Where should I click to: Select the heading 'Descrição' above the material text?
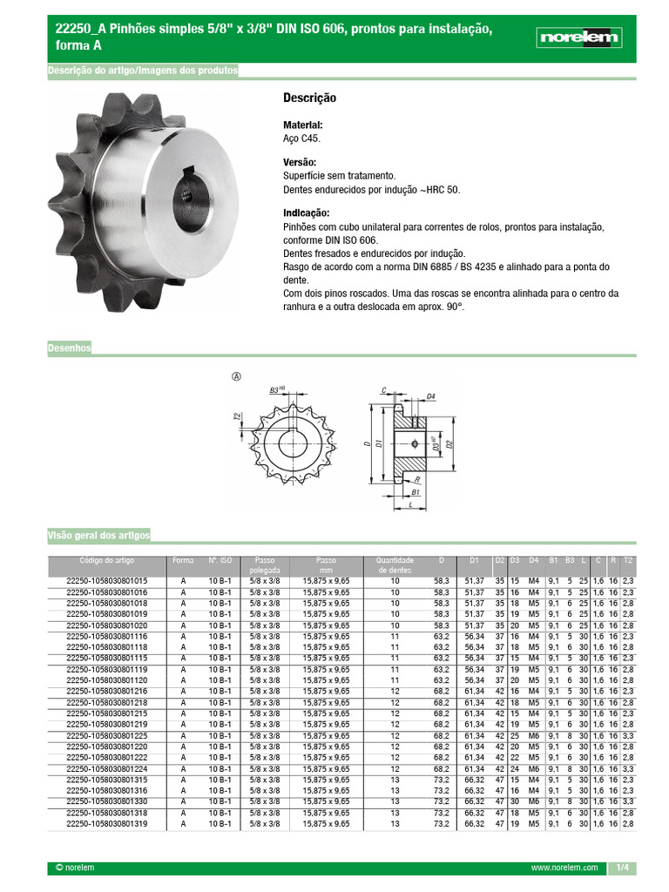(309, 98)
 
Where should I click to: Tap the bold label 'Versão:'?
(300, 163)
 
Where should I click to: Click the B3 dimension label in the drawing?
(277, 389)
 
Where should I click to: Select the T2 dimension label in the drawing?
(237, 417)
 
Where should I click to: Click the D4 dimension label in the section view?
(431, 396)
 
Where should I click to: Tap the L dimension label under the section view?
(409, 505)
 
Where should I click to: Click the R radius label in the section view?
(418, 479)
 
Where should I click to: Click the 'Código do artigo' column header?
(107, 560)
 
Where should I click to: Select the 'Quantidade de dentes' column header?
(395, 565)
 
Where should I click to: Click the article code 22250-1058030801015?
(107, 580)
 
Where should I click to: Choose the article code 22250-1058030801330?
(107, 801)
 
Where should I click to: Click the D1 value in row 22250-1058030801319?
(474, 822)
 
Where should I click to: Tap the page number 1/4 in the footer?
(622, 868)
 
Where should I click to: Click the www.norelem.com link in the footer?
(564, 868)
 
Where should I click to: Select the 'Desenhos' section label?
(69, 348)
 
